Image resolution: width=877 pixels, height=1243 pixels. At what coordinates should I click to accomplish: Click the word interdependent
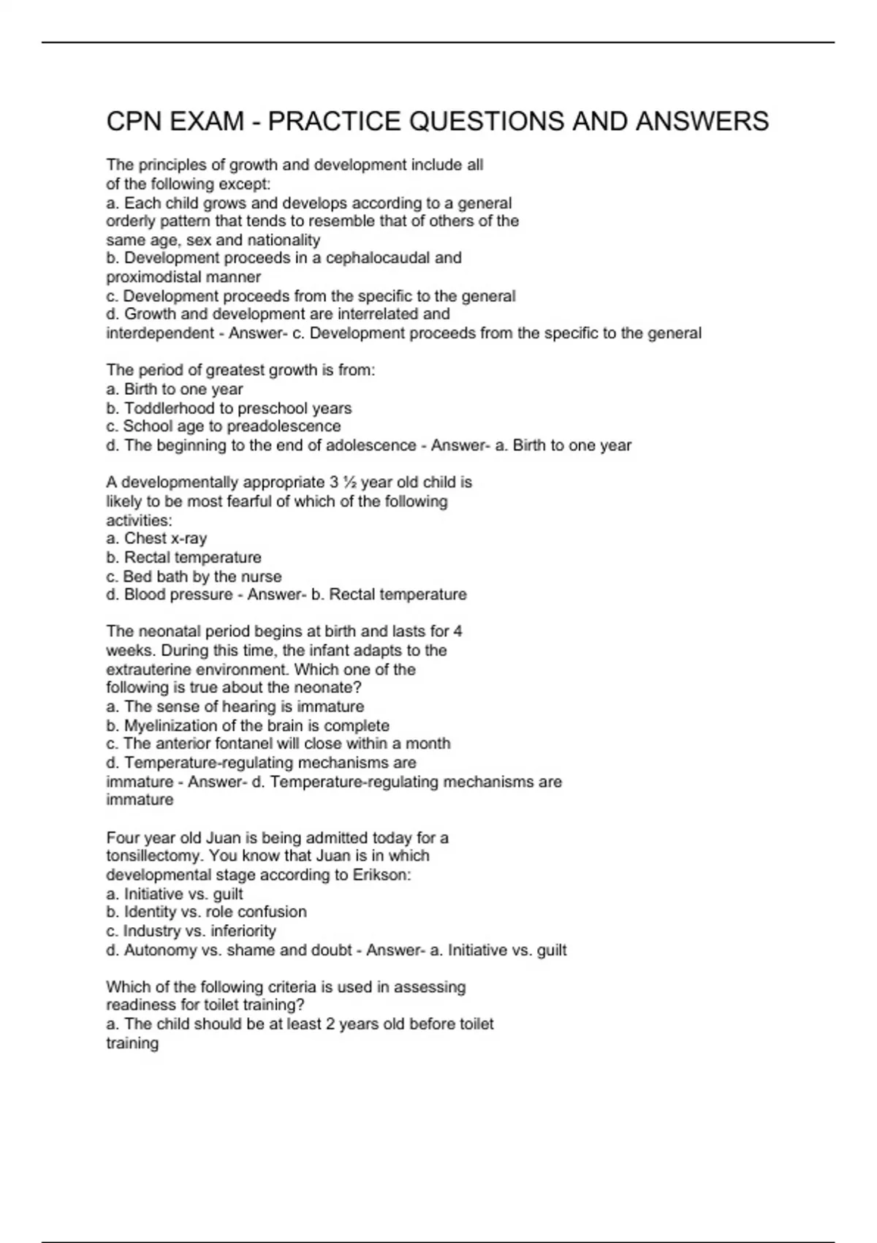tap(160, 333)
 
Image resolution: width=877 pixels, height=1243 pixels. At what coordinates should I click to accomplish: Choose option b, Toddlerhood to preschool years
tap(229, 408)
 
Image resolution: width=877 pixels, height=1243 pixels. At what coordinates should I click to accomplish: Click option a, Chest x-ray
tap(156, 538)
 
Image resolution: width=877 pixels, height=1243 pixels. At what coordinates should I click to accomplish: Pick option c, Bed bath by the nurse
tap(194, 576)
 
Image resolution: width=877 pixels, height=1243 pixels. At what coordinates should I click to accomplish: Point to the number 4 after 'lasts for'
tap(458, 631)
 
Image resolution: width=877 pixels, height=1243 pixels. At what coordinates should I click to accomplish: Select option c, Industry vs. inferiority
tap(191, 931)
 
